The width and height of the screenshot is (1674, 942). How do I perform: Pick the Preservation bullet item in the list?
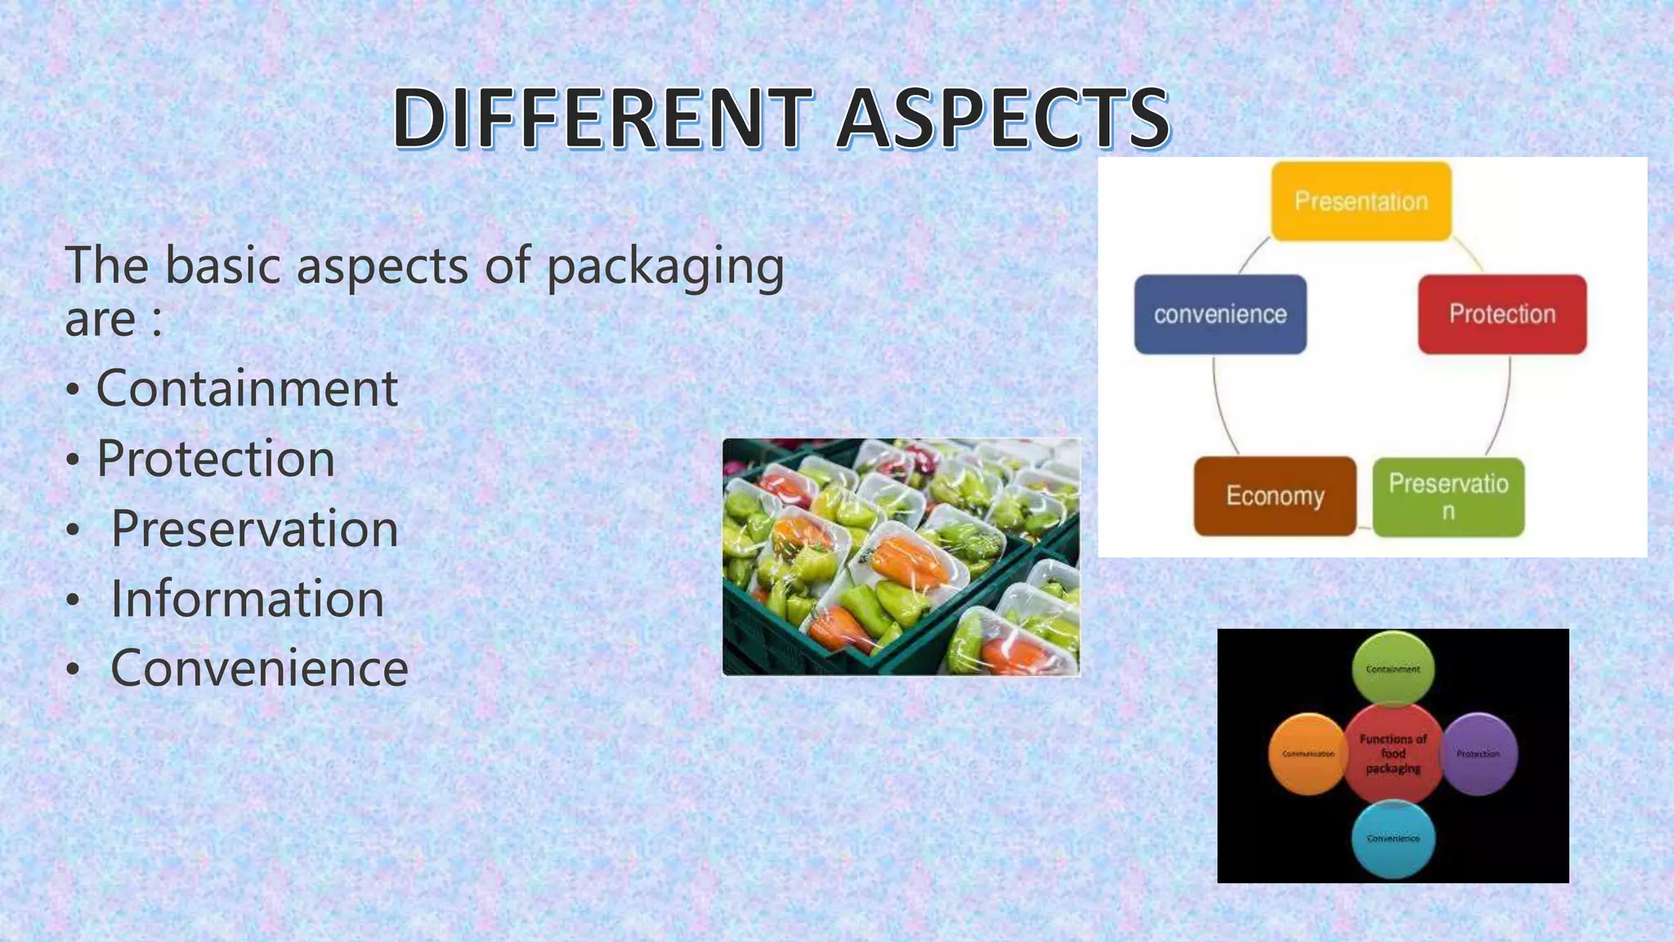[x=254, y=528]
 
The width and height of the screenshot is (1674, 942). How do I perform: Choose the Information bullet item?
[x=247, y=599]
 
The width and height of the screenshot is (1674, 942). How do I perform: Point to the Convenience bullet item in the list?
[x=259, y=668]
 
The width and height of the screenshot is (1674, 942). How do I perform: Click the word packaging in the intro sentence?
[x=665, y=267]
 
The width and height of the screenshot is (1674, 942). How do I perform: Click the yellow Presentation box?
[x=1361, y=201]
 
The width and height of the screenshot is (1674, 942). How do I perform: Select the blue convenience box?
[x=1220, y=314]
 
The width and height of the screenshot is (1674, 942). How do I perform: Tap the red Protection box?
[x=1502, y=314]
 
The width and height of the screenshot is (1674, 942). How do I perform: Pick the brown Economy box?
[x=1274, y=496]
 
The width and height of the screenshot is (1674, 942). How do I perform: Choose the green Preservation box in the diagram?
[x=1448, y=496]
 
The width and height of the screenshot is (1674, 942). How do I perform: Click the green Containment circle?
[x=1393, y=669]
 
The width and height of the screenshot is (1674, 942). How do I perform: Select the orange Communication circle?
[x=1308, y=754]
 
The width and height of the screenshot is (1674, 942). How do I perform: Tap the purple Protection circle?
[x=1478, y=754]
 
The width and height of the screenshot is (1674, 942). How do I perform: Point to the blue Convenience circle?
[x=1393, y=839]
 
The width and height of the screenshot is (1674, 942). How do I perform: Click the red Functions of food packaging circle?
[x=1393, y=754]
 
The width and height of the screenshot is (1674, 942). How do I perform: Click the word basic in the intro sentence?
[x=222, y=267]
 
